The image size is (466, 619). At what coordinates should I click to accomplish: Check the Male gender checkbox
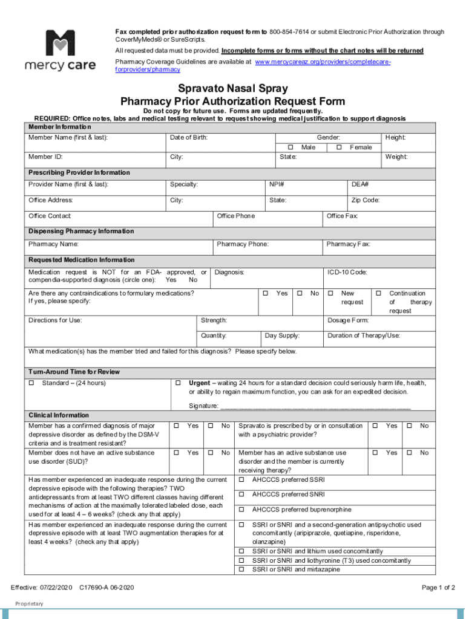(x=290, y=147)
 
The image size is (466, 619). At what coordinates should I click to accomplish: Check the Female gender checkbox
(x=339, y=147)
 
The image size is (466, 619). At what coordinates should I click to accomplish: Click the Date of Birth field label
(x=189, y=138)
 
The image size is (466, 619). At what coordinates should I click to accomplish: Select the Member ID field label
(x=45, y=157)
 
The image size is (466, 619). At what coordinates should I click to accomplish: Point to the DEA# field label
(x=360, y=184)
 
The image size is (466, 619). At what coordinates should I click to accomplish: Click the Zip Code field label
(x=366, y=200)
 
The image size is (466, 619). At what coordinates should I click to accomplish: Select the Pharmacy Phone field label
(x=243, y=244)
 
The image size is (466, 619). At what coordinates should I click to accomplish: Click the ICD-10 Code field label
(x=347, y=273)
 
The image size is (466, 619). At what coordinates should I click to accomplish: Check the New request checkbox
(x=331, y=293)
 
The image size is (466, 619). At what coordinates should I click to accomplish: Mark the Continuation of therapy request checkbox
(x=379, y=293)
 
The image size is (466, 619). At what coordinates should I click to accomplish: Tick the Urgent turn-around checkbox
(x=178, y=383)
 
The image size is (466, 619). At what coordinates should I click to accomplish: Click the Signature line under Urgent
(x=315, y=406)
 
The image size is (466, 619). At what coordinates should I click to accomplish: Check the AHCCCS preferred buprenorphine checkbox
(x=241, y=510)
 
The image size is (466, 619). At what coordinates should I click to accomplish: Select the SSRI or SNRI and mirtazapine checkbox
(x=241, y=569)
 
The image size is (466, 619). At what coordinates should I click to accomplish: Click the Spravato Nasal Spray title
(x=232, y=89)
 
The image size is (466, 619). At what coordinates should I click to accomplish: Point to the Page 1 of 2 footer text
(x=438, y=588)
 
